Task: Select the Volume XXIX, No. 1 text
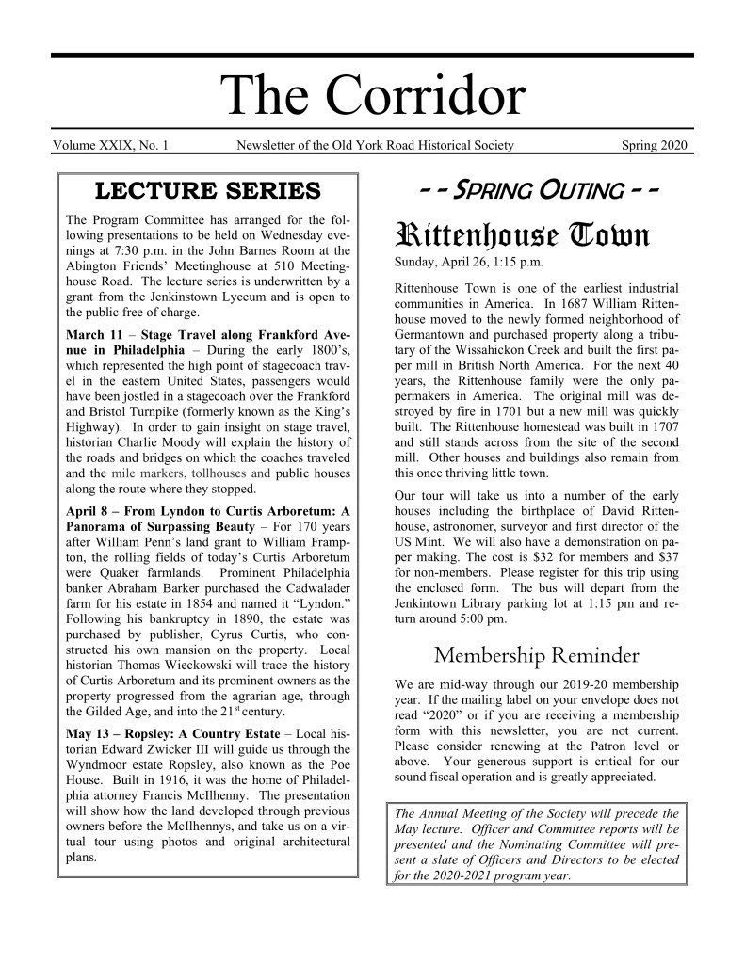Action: [x=111, y=145]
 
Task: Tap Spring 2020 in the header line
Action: [x=655, y=145]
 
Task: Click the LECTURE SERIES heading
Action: [x=208, y=192]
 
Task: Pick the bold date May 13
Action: [x=92, y=733]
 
